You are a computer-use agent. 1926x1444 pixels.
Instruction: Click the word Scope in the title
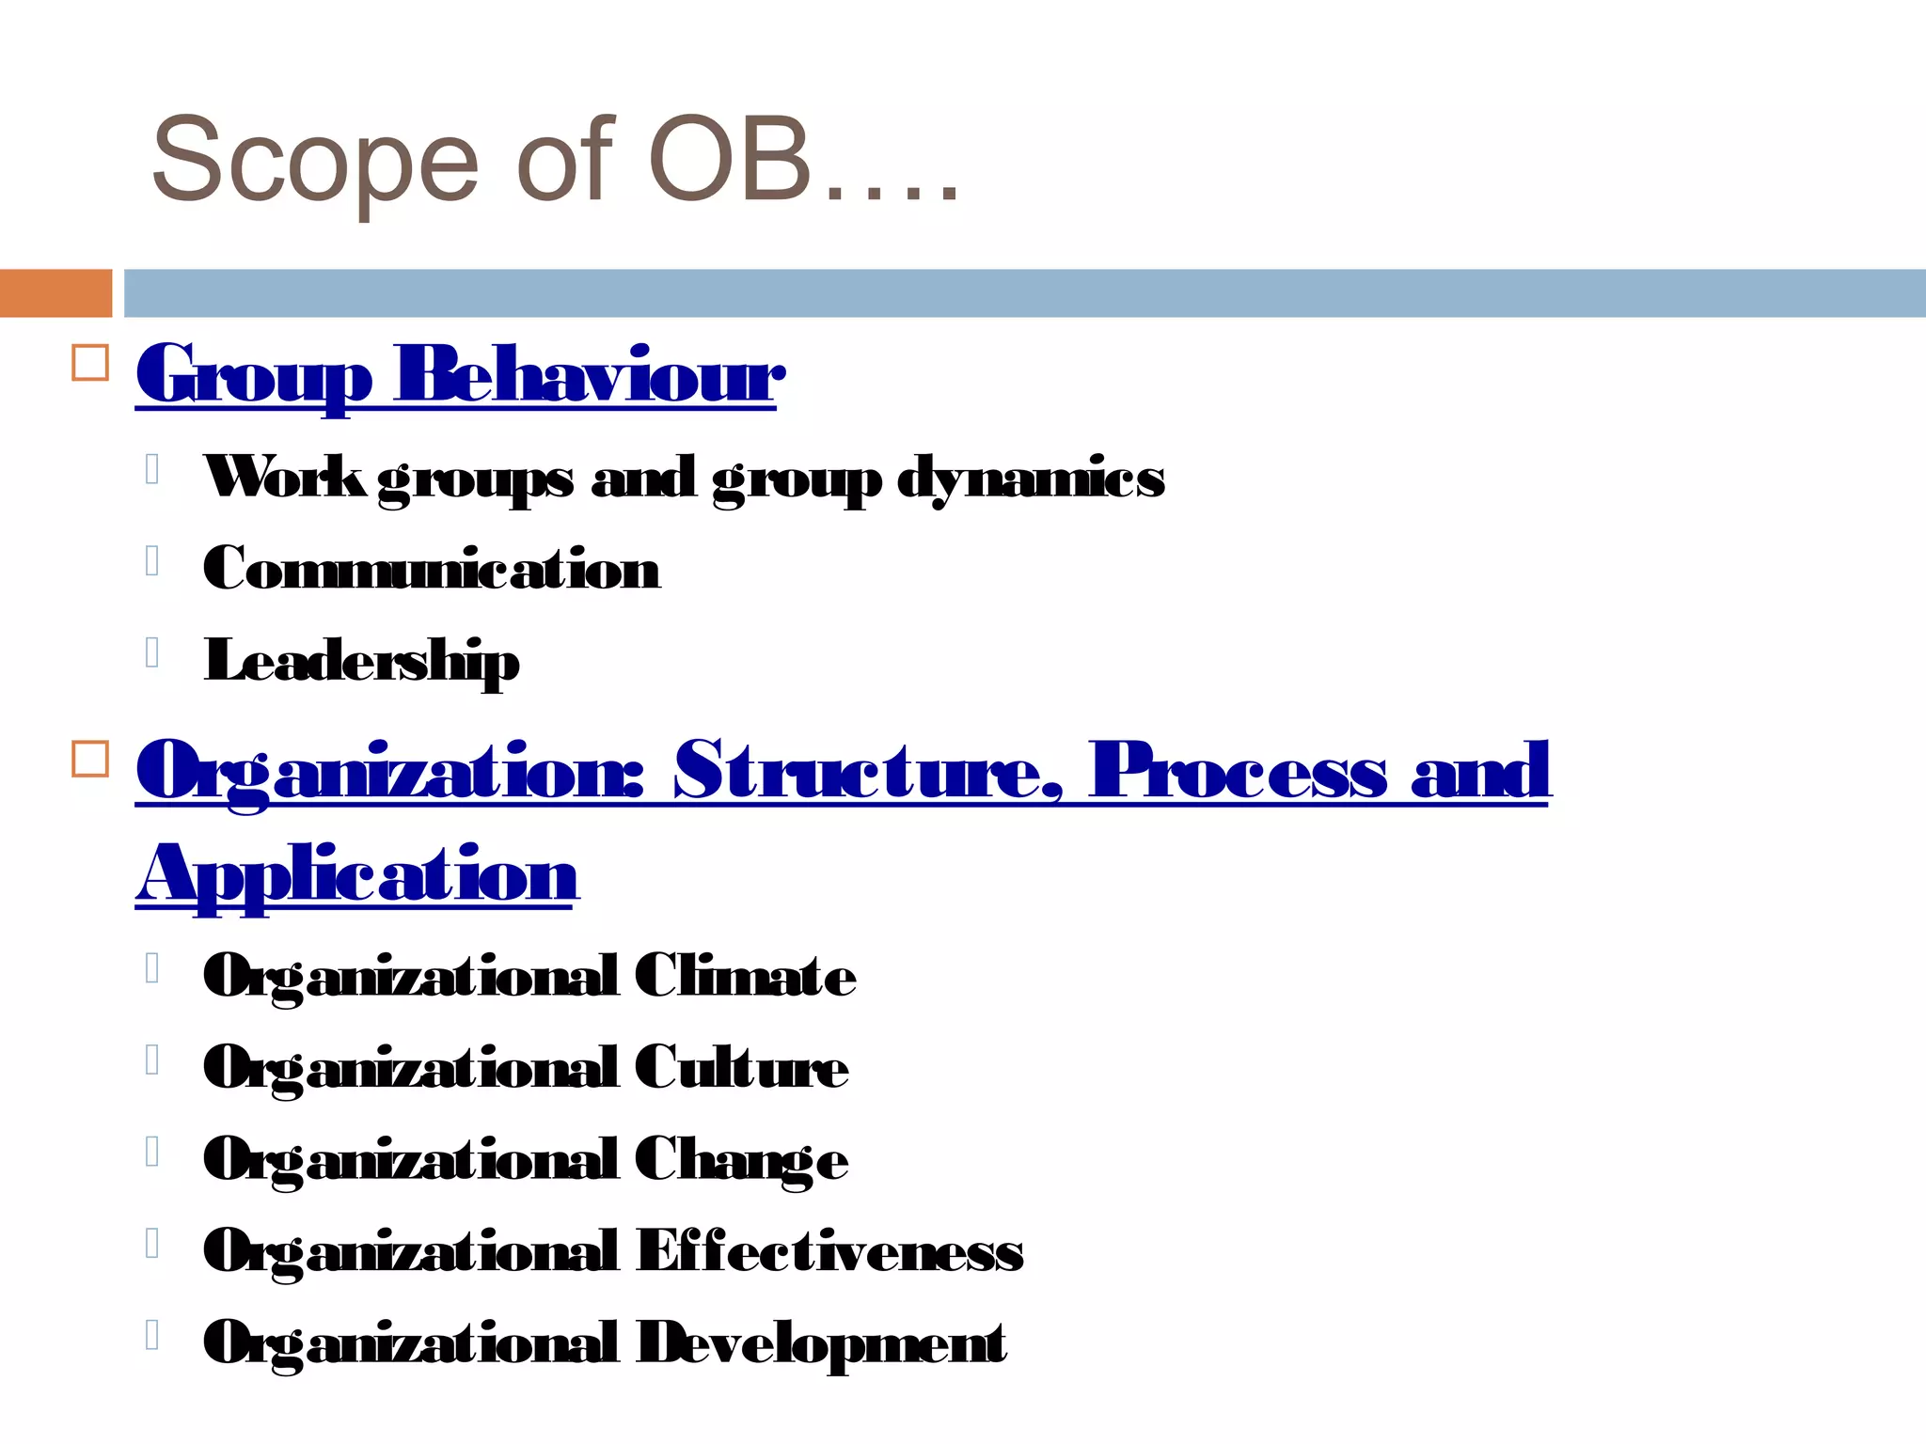click(x=315, y=160)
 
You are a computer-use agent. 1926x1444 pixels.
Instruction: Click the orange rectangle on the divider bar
click(x=55, y=292)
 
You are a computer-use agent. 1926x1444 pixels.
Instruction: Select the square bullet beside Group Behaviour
click(x=90, y=363)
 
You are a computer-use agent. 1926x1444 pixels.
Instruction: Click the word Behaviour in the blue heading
click(x=589, y=375)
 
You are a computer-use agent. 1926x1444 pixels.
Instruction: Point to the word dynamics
click(x=1031, y=479)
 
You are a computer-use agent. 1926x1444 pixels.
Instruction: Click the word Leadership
click(x=361, y=660)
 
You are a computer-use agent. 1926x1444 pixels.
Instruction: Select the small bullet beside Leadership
click(x=151, y=651)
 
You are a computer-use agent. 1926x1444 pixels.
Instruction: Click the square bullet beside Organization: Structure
click(x=90, y=759)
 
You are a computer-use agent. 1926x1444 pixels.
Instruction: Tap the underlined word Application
click(x=356, y=873)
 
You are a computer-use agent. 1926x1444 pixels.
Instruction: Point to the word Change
click(x=741, y=1159)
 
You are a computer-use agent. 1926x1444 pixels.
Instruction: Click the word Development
click(x=821, y=1342)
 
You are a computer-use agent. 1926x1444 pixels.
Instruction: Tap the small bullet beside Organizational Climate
click(x=151, y=967)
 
